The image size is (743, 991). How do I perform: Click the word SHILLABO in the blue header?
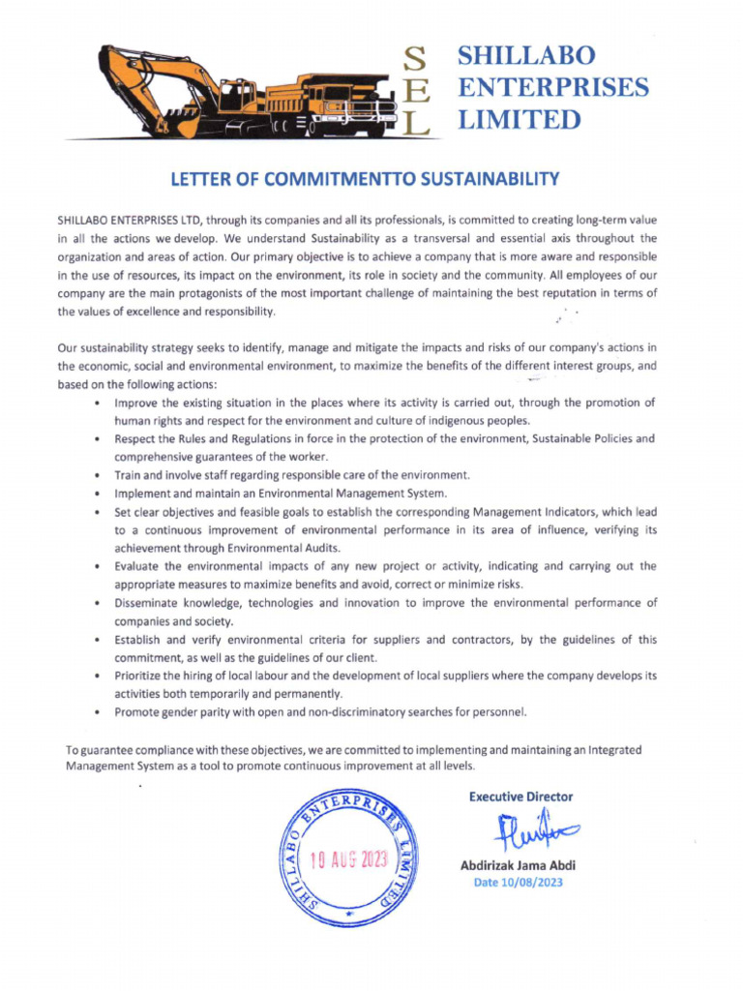[x=526, y=55]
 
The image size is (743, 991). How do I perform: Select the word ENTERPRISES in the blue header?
[x=552, y=87]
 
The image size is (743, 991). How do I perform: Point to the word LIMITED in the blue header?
[x=519, y=119]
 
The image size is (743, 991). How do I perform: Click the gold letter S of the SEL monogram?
[x=414, y=61]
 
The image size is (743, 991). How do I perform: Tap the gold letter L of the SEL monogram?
[x=414, y=123]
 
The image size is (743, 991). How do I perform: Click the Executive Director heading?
[x=520, y=796]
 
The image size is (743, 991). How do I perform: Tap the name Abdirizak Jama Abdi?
[x=518, y=865]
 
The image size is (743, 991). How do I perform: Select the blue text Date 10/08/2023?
[x=518, y=883]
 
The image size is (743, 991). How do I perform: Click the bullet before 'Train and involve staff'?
[x=101, y=475]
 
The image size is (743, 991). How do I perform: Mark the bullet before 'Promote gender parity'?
[x=101, y=712]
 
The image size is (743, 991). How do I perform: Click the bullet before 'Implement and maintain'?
[x=101, y=494]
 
